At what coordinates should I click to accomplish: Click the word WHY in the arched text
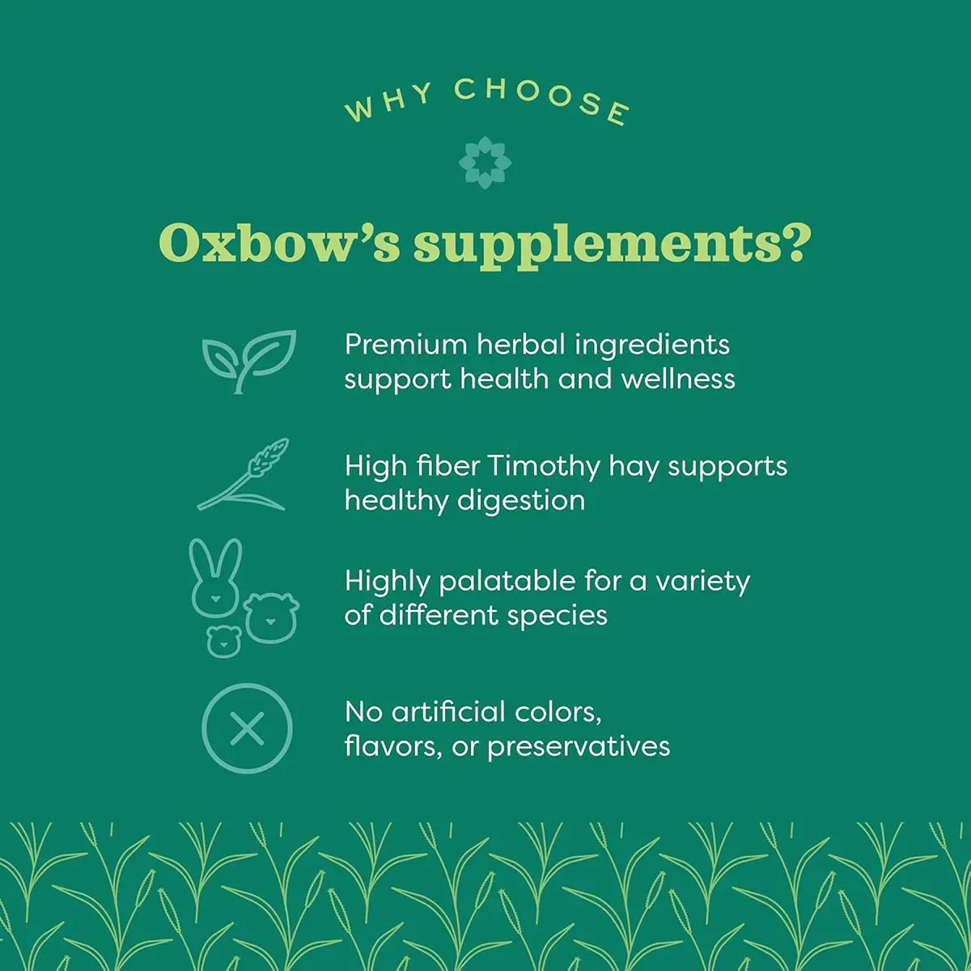(388, 103)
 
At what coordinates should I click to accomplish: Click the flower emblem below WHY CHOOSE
(485, 162)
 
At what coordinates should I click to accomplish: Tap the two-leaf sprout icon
(248, 360)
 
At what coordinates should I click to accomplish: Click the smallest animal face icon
(223, 641)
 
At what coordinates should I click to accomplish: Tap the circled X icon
(247, 728)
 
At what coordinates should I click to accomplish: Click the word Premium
(405, 345)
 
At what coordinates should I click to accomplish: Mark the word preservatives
(579, 746)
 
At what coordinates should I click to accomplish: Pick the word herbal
(520, 345)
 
